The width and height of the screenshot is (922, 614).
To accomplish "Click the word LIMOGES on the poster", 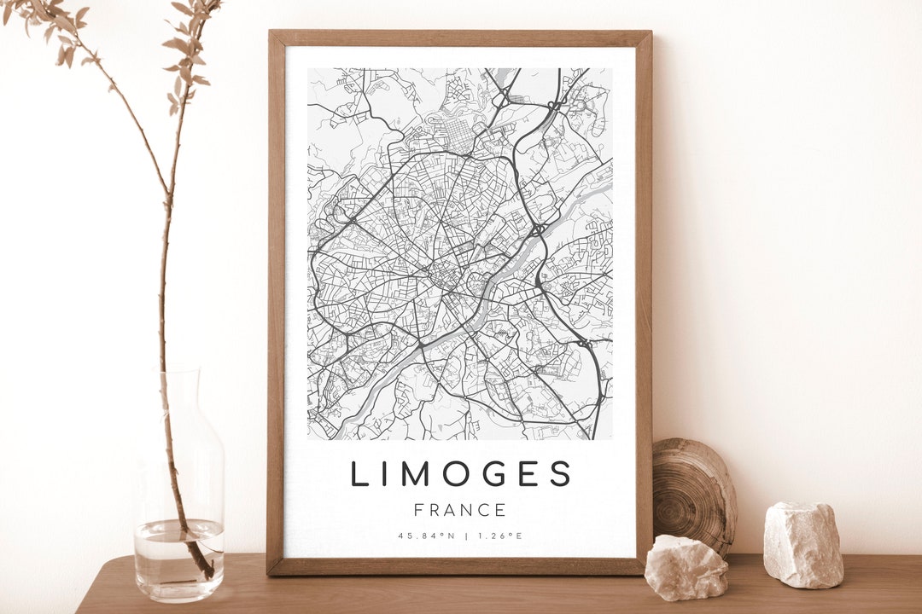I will coord(460,474).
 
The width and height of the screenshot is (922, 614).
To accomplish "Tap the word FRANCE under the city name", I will coord(460,511).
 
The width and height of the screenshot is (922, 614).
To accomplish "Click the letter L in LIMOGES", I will coord(359,474).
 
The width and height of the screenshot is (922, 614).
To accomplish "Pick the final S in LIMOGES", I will coord(560,474).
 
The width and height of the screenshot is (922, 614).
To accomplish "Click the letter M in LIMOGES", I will coord(406,474).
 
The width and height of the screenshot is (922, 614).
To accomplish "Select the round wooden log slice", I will coord(693,495).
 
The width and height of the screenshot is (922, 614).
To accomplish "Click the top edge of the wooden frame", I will coord(460,38).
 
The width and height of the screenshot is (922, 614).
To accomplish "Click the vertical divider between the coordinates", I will coord(466,536).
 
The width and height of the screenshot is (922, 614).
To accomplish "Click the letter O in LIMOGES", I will coord(446,474).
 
